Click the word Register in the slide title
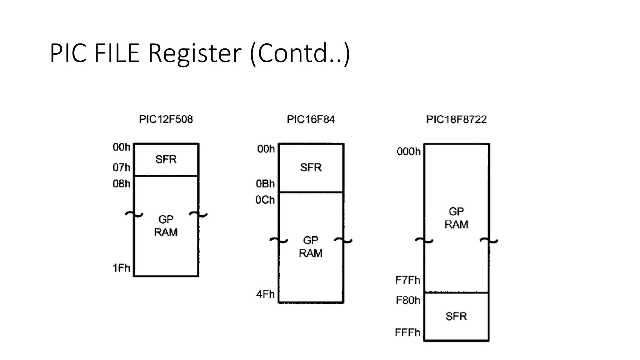tap(194, 53)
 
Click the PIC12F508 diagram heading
tap(166, 119)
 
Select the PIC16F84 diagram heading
tap(311, 119)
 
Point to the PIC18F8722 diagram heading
tap(456, 119)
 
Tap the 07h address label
tap(121, 167)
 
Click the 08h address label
tap(121, 183)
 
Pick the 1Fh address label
tap(121, 268)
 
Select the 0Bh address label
tap(265, 183)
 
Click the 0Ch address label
tap(265, 200)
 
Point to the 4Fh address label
tap(265, 294)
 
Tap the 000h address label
tap(408, 152)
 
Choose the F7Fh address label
tap(407, 280)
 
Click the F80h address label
tap(408, 300)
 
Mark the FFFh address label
tap(407, 332)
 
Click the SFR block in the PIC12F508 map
tap(166, 159)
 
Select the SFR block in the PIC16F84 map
tap(311, 167)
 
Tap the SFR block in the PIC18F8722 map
tap(456, 316)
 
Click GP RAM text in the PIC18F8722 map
tap(456, 218)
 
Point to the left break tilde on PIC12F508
tap(134, 214)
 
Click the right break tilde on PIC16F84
tap(343, 240)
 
